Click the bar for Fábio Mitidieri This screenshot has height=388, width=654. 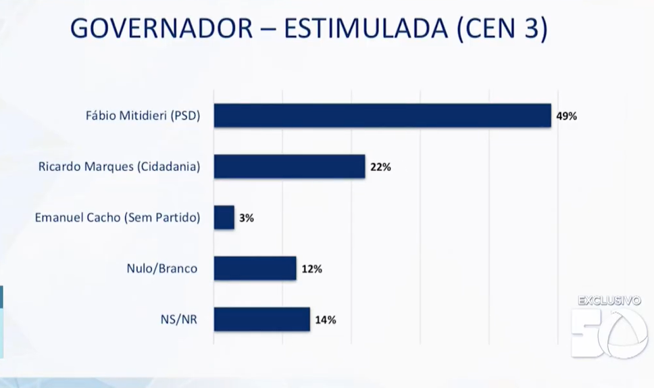click(382, 116)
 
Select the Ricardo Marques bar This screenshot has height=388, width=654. click(289, 166)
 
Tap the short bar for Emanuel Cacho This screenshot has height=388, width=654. click(224, 218)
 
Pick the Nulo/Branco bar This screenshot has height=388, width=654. click(255, 268)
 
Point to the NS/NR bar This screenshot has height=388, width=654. click(261, 319)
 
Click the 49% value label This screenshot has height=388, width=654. click(566, 116)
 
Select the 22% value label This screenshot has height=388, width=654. click(380, 167)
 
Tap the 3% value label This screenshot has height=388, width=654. click(246, 218)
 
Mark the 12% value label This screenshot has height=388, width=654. click(311, 269)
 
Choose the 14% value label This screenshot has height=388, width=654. click(326, 320)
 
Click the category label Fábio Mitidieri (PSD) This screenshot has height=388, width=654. click(143, 115)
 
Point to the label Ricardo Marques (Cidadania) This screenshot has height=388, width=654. click(119, 166)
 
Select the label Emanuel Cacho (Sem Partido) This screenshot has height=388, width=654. click(117, 218)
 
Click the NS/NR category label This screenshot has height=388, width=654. click(180, 319)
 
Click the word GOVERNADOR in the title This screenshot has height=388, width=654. click(161, 29)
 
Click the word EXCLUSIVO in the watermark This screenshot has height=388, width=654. click(609, 301)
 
